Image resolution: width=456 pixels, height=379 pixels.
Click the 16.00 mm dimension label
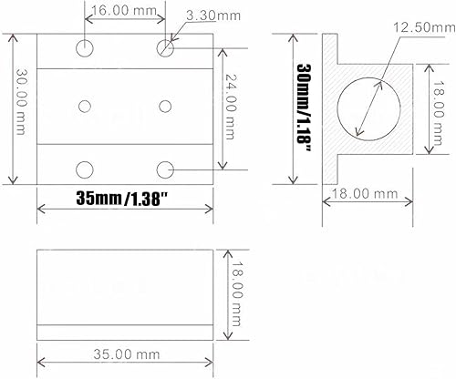124,10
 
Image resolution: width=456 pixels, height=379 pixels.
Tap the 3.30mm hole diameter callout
213,15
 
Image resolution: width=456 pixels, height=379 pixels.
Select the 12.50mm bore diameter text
424,27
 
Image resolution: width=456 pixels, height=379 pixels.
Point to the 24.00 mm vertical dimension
230,107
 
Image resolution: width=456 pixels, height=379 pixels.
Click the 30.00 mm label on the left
21,102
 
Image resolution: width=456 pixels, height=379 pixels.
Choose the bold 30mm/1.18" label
304,108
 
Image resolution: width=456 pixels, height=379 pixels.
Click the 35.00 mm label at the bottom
126,354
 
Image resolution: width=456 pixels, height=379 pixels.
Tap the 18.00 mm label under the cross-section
365,193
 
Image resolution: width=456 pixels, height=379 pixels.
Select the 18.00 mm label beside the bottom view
236,294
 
